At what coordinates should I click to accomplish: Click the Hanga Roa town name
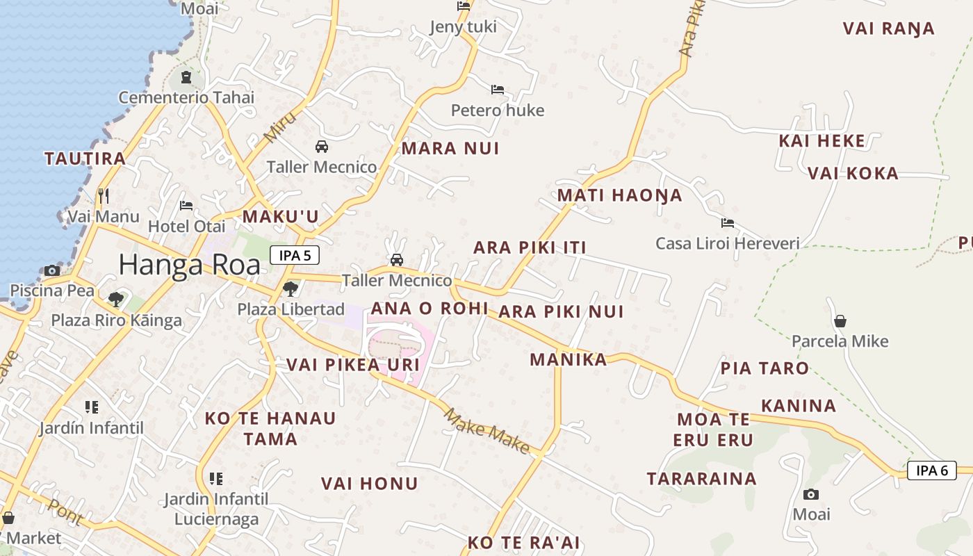pyautogui.click(x=189, y=265)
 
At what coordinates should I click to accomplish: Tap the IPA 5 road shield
pyautogui.click(x=295, y=256)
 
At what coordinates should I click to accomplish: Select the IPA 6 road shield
pyautogui.click(x=931, y=471)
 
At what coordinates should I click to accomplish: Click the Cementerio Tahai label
pyautogui.click(x=186, y=97)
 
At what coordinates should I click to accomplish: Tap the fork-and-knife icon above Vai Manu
pyautogui.click(x=104, y=195)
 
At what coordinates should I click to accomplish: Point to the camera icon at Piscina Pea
pyautogui.click(x=51, y=270)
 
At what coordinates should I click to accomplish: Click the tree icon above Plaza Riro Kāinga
pyautogui.click(x=116, y=300)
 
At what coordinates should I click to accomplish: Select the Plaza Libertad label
pyautogui.click(x=291, y=309)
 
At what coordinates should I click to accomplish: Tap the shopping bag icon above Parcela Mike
pyautogui.click(x=840, y=321)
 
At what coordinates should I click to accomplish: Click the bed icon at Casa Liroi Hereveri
pyautogui.click(x=728, y=223)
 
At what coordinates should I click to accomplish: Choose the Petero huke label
pyautogui.click(x=498, y=110)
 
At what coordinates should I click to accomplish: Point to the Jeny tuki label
pyautogui.click(x=463, y=27)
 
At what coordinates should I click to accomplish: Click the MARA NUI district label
pyautogui.click(x=450, y=148)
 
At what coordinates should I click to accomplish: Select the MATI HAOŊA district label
pyautogui.click(x=619, y=195)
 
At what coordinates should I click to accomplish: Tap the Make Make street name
pyautogui.click(x=486, y=431)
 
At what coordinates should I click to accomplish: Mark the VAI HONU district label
pyautogui.click(x=369, y=484)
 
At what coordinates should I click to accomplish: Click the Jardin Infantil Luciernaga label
pyautogui.click(x=216, y=509)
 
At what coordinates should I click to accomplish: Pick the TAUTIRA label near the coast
pyautogui.click(x=85, y=158)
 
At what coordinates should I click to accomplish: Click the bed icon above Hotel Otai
pyautogui.click(x=186, y=206)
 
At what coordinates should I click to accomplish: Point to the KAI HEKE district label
pyautogui.click(x=821, y=141)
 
